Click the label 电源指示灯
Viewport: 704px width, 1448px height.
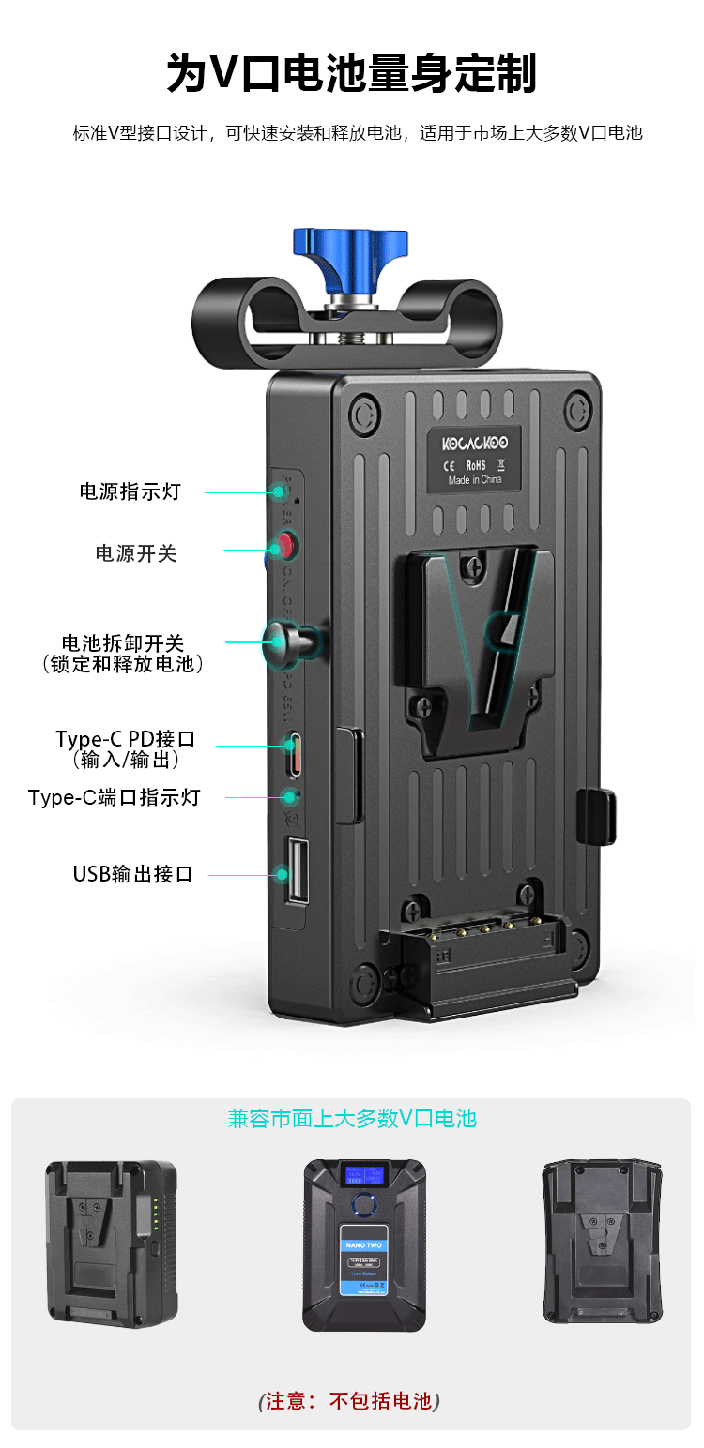130,491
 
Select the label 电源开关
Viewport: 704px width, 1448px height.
136,553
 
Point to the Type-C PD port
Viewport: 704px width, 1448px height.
295,753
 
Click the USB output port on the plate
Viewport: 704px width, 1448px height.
297,871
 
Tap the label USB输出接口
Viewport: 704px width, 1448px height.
132,874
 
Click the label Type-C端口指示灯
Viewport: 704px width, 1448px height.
115,798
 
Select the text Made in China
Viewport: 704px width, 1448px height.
475,480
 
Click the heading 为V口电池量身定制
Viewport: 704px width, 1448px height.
351,74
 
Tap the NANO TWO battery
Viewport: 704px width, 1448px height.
364,1244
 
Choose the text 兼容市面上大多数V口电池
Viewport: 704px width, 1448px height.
352,1118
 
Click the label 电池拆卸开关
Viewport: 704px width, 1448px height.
123,643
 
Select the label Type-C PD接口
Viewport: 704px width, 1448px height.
125,739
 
